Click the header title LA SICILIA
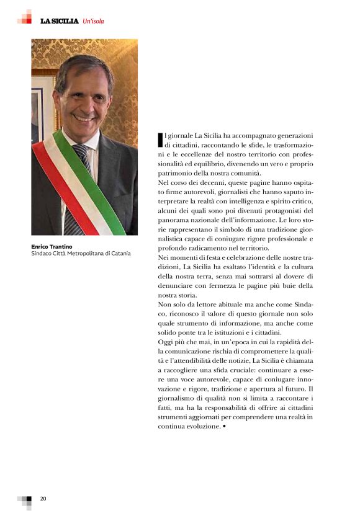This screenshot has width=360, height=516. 59,21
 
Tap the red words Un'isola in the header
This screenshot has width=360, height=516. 93,21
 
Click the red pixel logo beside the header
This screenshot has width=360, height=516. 24,17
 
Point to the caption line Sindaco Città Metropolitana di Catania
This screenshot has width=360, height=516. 81,254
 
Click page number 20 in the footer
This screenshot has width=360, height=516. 43,499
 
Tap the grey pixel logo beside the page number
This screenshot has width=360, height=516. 25,501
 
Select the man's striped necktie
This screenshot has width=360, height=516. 79,186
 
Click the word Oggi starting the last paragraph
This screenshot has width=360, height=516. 167,341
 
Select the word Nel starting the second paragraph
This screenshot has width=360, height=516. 164,184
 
